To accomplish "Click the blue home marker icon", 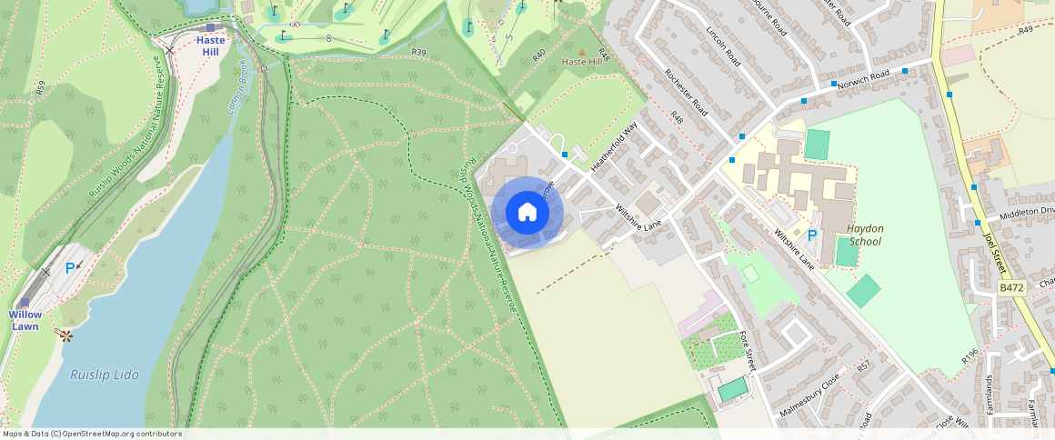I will pos(527,213).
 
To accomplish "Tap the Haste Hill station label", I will pos(210,46).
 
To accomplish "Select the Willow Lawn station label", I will pos(25,320).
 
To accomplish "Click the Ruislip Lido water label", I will pos(105,375).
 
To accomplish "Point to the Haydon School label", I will pos(865,235).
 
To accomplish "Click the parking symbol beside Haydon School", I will pos(812,235).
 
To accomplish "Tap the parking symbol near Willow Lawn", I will pos(70,268).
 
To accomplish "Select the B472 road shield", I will pos(1011,287).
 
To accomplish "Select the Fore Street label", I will pos(746,351).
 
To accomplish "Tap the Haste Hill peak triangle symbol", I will pos(582,52).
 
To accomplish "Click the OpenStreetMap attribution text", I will pos(93,434).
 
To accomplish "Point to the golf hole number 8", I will pos(328,38).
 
